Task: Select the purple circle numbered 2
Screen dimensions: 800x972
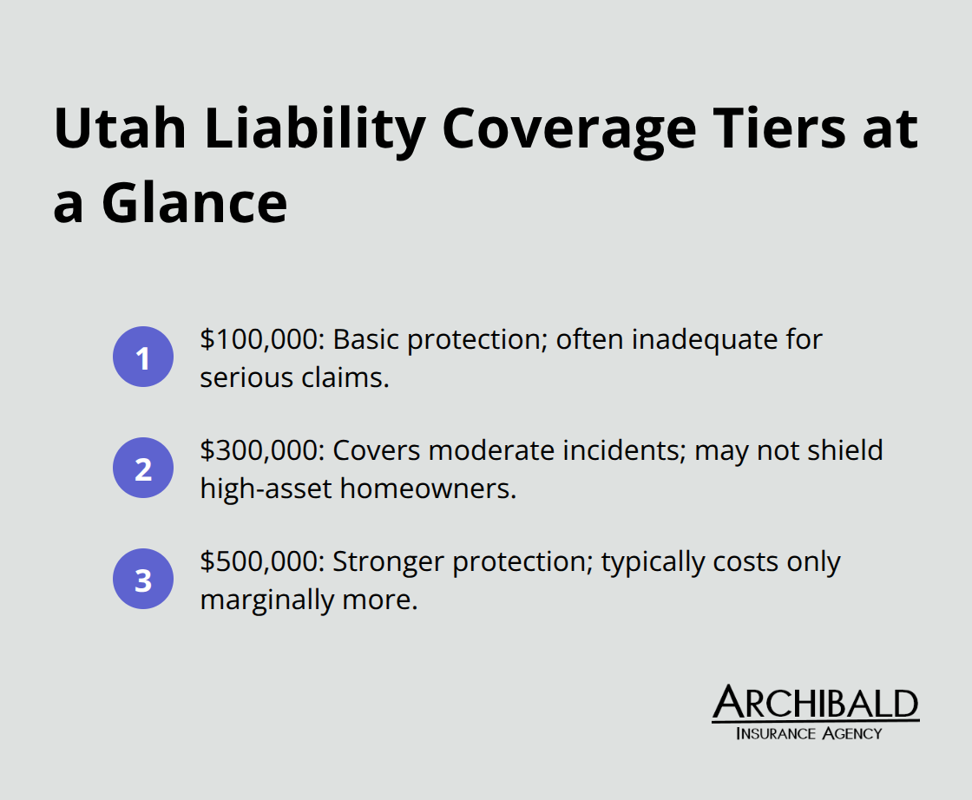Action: (x=143, y=469)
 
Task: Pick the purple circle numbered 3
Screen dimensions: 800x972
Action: (x=143, y=580)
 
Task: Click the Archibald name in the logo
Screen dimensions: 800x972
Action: (x=815, y=704)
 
